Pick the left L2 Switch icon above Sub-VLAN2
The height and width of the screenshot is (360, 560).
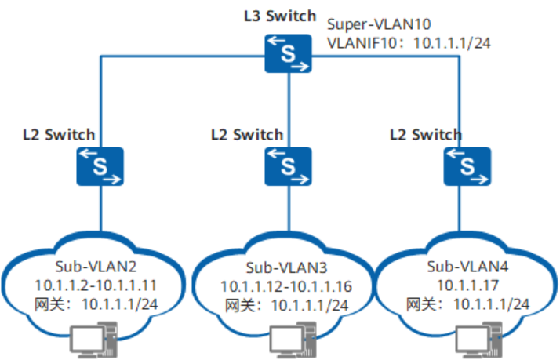(x=100, y=165)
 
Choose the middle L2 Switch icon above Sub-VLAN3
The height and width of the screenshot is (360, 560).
(x=288, y=165)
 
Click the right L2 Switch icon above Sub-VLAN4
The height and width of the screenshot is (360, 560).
(x=467, y=165)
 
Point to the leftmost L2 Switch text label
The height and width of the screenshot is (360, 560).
(x=60, y=134)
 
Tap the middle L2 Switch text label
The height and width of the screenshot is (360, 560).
(x=247, y=134)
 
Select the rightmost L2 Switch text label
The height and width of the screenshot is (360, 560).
(x=426, y=134)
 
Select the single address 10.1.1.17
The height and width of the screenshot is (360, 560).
(x=467, y=285)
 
